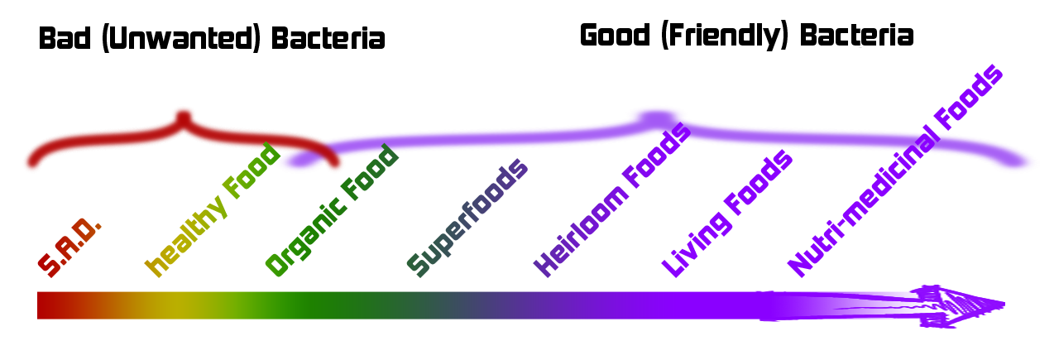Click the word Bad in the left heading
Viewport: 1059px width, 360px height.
click(65, 39)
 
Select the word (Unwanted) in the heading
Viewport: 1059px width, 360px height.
click(181, 39)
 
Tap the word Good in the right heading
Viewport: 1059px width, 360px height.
click(615, 36)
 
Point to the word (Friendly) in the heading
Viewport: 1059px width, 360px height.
click(725, 36)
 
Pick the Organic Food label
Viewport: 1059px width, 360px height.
click(332, 210)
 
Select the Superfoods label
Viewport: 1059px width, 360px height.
click(467, 218)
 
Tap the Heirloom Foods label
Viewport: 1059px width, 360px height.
click(612, 199)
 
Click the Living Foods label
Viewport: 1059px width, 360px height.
click(726, 214)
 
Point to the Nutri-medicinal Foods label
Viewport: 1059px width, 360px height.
click(895, 170)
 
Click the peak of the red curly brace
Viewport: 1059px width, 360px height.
click(184, 117)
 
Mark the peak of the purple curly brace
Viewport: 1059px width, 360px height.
click(656, 118)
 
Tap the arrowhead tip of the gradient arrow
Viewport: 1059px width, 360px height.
click(1004, 305)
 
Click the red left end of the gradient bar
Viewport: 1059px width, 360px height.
click(39, 305)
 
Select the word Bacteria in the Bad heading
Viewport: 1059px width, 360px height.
click(328, 39)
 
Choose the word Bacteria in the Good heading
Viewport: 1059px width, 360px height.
click(856, 36)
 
